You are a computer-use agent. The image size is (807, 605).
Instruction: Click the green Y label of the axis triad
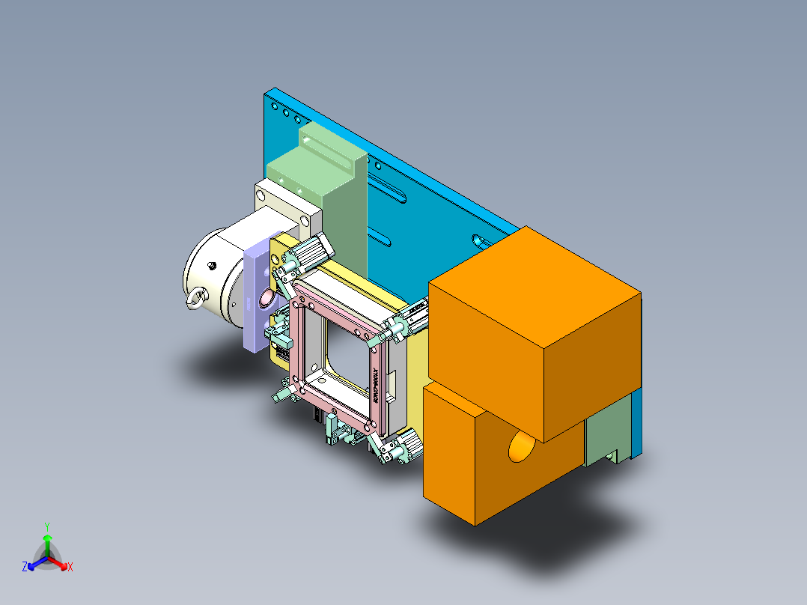tap(47, 526)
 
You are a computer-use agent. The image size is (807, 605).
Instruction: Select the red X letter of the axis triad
tap(70, 568)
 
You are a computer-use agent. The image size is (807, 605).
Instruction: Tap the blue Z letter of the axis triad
tap(25, 568)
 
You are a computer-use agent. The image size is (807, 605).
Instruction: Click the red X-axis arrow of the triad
tap(61, 563)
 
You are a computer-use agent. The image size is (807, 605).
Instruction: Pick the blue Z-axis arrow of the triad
tap(34, 563)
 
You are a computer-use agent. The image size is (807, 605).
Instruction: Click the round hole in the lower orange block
tap(522, 449)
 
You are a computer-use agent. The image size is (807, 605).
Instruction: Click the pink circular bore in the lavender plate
tap(267, 300)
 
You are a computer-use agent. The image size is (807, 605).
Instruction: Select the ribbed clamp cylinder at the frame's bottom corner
tap(404, 447)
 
